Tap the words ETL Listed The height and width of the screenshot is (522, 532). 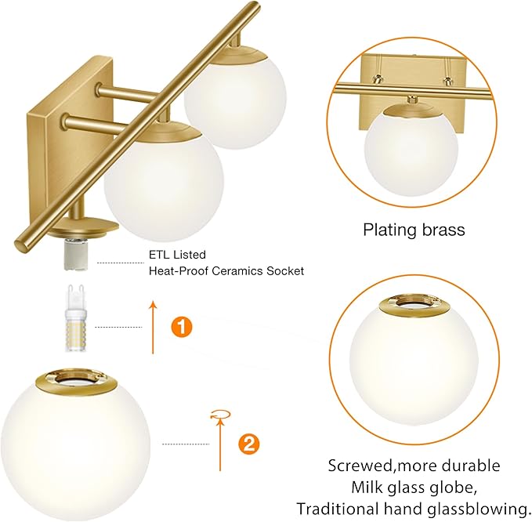(177, 255)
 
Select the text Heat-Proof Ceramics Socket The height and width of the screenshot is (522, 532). (226, 271)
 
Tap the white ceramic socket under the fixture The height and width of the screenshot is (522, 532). (76, 251)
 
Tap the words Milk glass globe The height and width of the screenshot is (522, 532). (414, 486)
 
